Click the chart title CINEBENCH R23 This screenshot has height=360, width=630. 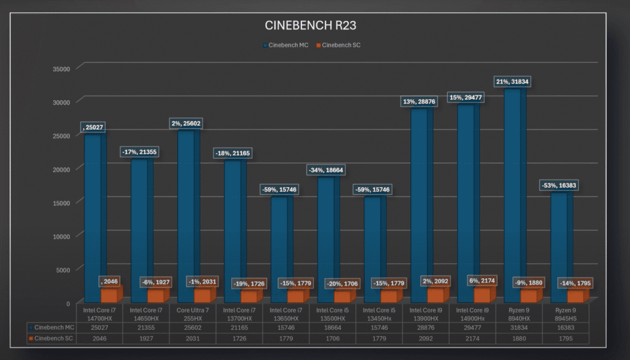click(310, 25)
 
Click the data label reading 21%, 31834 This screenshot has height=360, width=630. click(512, 82)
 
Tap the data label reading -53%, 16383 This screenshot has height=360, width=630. click(559, 185)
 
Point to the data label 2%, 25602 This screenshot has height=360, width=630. click(186, 124)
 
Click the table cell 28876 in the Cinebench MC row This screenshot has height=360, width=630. click(426, 327)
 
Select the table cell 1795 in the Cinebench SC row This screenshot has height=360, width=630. click(566, 338)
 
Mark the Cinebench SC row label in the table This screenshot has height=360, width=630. click(53, 338)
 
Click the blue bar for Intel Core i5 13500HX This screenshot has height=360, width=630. click(326, 240)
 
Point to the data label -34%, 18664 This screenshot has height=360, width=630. click(326, 169)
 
